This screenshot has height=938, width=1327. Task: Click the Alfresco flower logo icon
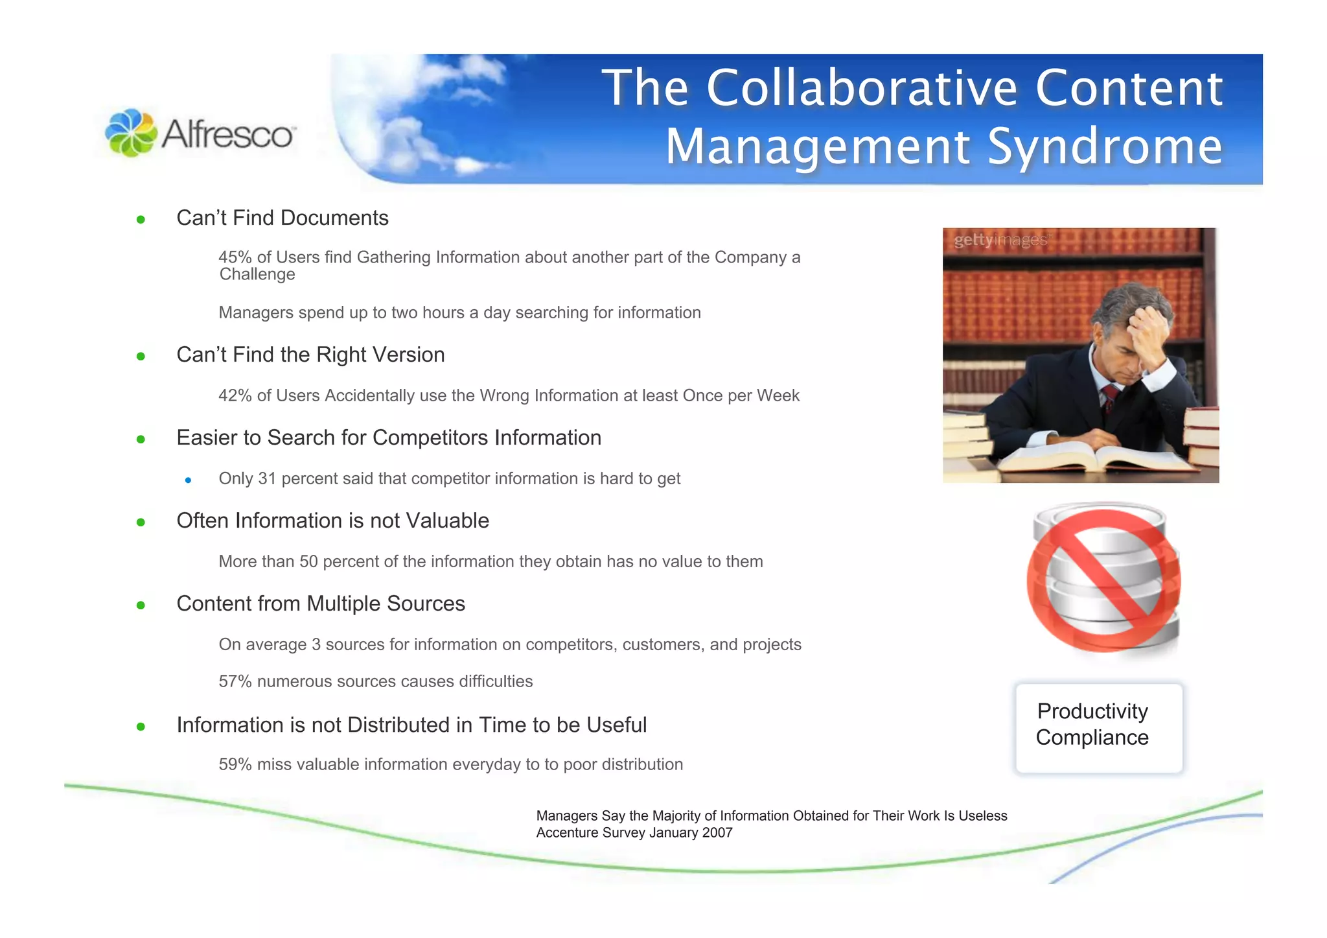pyautogui.click(x=131, y=133)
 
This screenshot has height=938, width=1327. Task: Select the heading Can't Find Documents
pyautogui.click(x=282, y=218)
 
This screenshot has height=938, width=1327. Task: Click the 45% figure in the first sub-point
pyautogui.click(x=235, y=257)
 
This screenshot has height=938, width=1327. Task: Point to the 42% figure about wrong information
pyautogui.click(x=235, y=395)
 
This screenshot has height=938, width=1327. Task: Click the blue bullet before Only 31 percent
pyautogui.click(x=188, y=480)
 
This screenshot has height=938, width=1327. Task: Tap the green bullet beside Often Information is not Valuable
pyautogui.click(x=141, y=522)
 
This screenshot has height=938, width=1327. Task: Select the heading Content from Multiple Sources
pyautogui.click(x=320, y=604)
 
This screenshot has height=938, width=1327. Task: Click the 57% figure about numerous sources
pyautogui.click(x=235, y=681)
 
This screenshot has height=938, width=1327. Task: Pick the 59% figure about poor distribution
pyautogui.click(x=235, y=764)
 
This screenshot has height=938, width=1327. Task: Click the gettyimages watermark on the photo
pyautogui.click(x=1000, y=240)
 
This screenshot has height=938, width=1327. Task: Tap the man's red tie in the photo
pyautogui.click(x=1111, y=397)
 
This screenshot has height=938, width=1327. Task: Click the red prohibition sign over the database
pyautogui.click(x=1103, y=580)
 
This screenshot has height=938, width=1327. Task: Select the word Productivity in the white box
pyautogui.click(x=1092, y=711)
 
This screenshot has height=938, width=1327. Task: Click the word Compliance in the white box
pyautogui.click(x=1092, y=738)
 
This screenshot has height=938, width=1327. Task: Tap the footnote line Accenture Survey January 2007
pyautogui.click(x=634, y=833)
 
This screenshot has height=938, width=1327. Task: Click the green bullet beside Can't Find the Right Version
pyautogui.click(x=141, y=357)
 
